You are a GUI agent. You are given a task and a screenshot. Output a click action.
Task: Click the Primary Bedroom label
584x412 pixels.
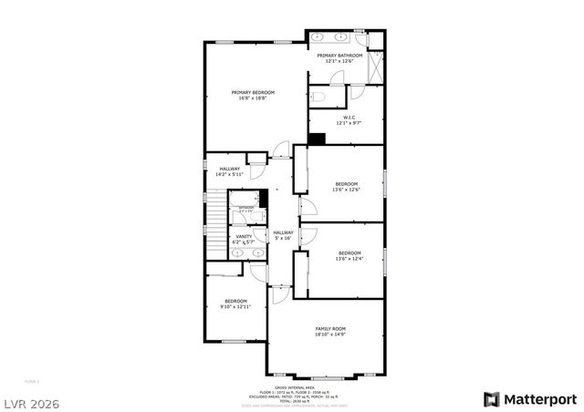253,92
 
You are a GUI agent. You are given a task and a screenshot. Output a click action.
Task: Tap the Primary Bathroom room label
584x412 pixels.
339,56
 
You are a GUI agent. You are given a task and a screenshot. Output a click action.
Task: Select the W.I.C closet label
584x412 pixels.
349,117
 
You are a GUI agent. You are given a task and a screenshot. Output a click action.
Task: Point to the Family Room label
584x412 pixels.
330,328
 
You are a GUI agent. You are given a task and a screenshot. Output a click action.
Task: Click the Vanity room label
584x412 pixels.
244,236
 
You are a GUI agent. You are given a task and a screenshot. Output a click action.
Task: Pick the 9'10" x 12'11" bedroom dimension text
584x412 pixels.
235,307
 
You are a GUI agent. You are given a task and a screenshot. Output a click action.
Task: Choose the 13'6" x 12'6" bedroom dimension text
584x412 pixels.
346,190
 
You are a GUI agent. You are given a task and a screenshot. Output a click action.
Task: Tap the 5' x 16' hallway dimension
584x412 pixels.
283,239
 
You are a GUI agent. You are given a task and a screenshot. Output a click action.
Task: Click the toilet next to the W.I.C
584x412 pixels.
318,96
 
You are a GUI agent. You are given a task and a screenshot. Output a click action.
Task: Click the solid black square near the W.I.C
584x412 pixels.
317,139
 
